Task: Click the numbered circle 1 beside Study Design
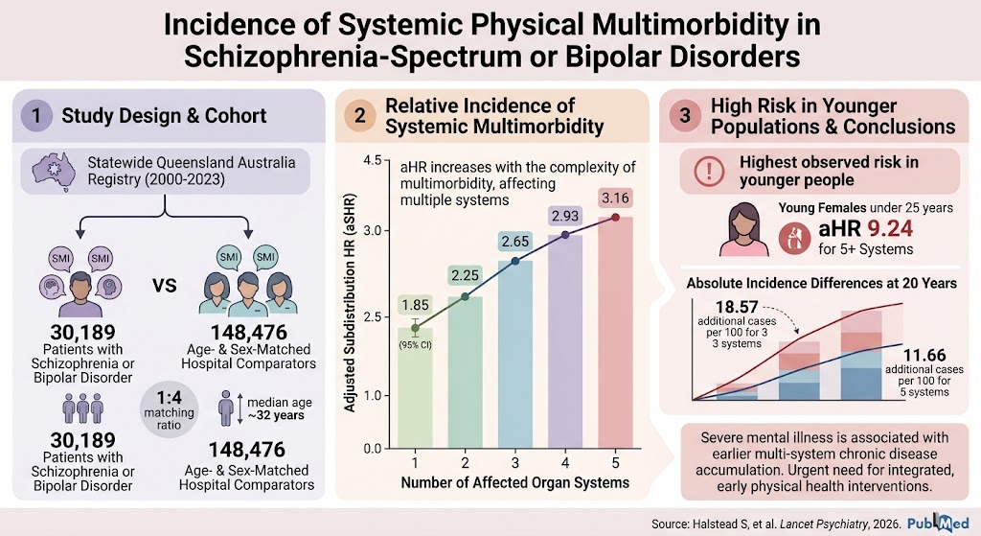pos(36,116)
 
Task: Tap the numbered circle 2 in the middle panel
pos(359,116)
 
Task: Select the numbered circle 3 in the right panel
pos(684,116)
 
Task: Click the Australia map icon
pos(54,170)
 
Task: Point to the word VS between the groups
pos(165,286)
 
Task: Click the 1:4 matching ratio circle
pos(169,410)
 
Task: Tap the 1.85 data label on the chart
pos(416,305)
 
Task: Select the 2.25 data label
pos(465,275)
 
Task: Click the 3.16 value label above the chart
pos(615,198)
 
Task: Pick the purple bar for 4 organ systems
pos(565,341)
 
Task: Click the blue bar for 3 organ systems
pos(514,354)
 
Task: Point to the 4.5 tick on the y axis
pos(373,161)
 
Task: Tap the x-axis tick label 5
pos(615,463)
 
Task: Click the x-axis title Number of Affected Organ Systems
pos(514,482)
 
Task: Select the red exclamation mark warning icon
pos(709,171)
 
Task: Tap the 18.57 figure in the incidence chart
pos(737,308)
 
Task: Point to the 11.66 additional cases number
pos(924,355)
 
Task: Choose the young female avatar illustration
pos(743,229)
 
